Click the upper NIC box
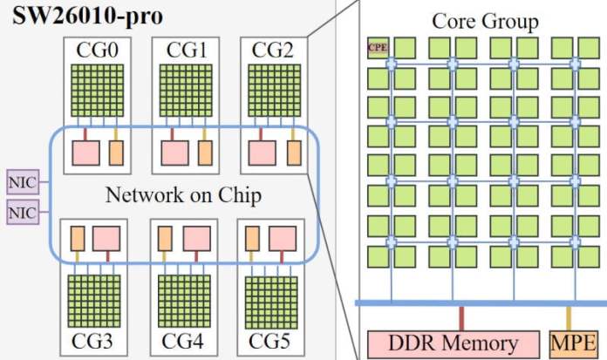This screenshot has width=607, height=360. (x=19, y=183)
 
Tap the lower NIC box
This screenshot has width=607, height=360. (x=19, y=212)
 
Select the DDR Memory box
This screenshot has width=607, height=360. (x=454, y=343)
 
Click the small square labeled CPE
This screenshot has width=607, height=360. (x=378, y=48)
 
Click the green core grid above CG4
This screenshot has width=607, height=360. (x=183, y=298)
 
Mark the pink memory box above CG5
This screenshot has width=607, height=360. (x=283, y=239)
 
